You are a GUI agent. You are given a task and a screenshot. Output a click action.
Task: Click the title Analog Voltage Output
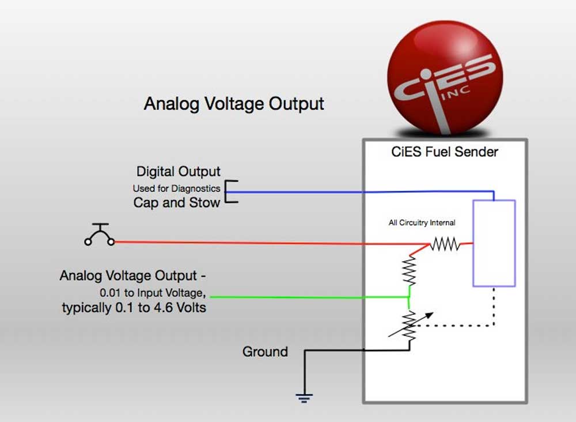click(x=234, y=104)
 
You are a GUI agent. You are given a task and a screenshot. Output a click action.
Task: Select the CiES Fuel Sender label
click(x=445, y=152)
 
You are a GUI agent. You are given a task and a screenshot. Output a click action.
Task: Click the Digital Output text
click(x=178, y=172)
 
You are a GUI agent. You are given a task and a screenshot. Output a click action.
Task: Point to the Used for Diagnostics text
click(x=176, y=189)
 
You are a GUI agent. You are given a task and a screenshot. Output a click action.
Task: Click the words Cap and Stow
click(x=177, y=202)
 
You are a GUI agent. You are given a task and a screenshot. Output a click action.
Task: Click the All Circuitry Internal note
click(x=422, y=223)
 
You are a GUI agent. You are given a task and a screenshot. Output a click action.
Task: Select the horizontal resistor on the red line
click(x=445, y=244)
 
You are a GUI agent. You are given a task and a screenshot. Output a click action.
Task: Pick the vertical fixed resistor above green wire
click(x=409, y=271)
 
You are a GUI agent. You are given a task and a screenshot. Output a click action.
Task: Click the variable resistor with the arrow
click(x=410, y=326)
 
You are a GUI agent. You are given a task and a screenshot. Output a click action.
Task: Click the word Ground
click(x=265, y=352)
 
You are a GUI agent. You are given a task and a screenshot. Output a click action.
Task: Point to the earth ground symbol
click(x=304, y=398)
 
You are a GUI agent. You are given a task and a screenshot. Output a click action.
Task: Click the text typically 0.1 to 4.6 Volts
click(x=134, y=308)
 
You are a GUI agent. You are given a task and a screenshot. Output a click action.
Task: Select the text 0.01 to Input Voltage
click(x=153, y=293)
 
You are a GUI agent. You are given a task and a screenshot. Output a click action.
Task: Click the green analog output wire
click(x=309, y=297)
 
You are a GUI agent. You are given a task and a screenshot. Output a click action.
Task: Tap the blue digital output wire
click(x=360, y=192)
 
